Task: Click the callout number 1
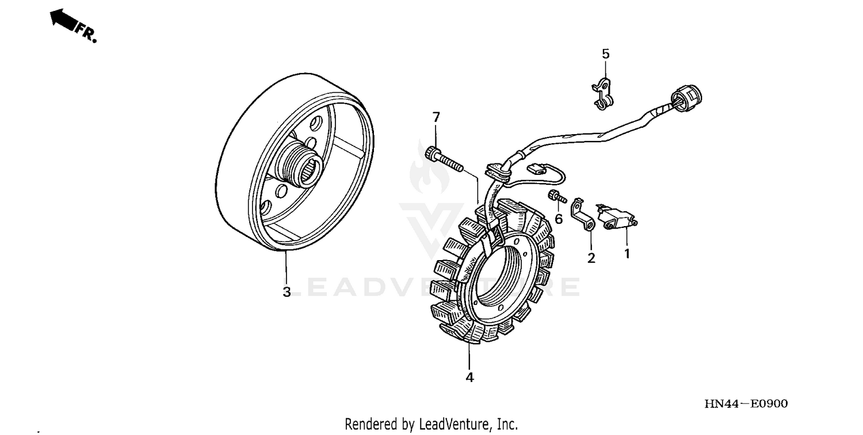[x=627, y=253]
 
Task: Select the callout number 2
[x=591, y=258]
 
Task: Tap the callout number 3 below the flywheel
[x=287, y=292]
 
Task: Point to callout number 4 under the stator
[x=469, y=377]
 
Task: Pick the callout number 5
[x=605, y=54]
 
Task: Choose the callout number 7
[x=436, y=117]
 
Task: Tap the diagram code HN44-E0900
[x=746, y=404]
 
